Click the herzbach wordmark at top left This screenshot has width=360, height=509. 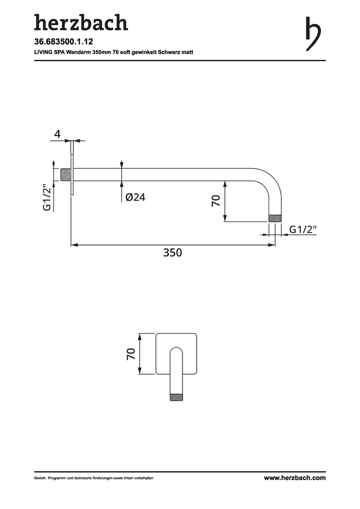81,23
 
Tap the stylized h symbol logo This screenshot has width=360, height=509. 313,34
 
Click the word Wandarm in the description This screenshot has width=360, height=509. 78,52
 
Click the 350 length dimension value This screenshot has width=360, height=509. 172,253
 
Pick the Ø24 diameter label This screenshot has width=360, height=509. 135,197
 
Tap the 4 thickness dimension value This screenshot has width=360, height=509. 57,134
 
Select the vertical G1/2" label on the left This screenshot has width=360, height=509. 48,198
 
